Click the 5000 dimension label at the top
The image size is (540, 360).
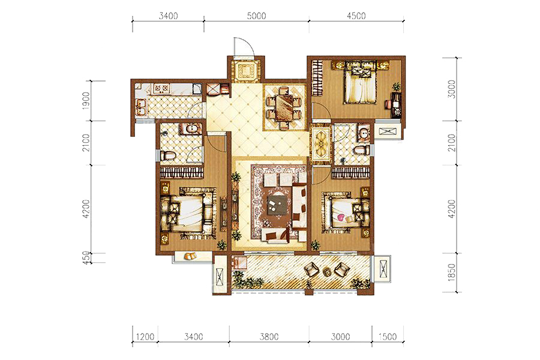(256, 16)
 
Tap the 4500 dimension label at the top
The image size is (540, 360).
(356, 16)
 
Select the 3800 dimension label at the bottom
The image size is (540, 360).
(269, 336)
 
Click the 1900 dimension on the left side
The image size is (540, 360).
(86, 101)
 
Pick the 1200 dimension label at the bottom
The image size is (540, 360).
(145, 336)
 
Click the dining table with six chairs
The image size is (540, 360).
(284, 107)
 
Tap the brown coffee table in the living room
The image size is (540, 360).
(277, 205)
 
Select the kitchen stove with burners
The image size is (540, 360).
(161, 89)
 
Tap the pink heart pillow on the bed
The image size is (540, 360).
(341, 217)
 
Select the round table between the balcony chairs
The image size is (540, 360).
(326, 272)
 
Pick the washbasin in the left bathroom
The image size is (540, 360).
(189, 129)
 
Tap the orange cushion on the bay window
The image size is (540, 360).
(190, 256)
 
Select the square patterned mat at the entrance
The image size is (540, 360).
(246, 71)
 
